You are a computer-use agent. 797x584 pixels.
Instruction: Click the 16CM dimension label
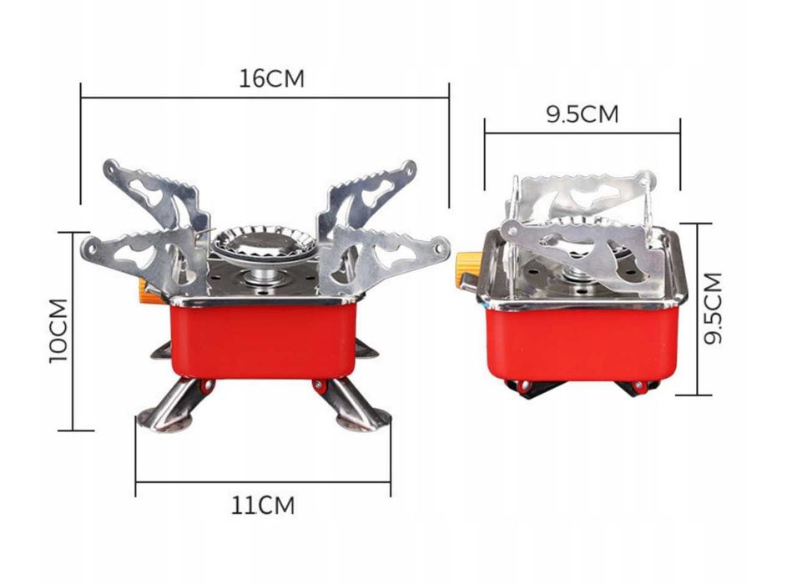[272, 78]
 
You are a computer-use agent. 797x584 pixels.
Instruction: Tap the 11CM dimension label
[263, 506]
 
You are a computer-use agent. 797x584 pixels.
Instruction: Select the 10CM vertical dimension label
[59, 330]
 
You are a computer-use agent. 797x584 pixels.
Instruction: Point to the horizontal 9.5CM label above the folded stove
[583, 113]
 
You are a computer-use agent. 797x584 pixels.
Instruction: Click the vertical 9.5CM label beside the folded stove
[714, 309]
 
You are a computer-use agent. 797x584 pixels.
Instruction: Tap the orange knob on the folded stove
[466, 269]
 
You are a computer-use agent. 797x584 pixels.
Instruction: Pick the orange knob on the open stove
[149, 292]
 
